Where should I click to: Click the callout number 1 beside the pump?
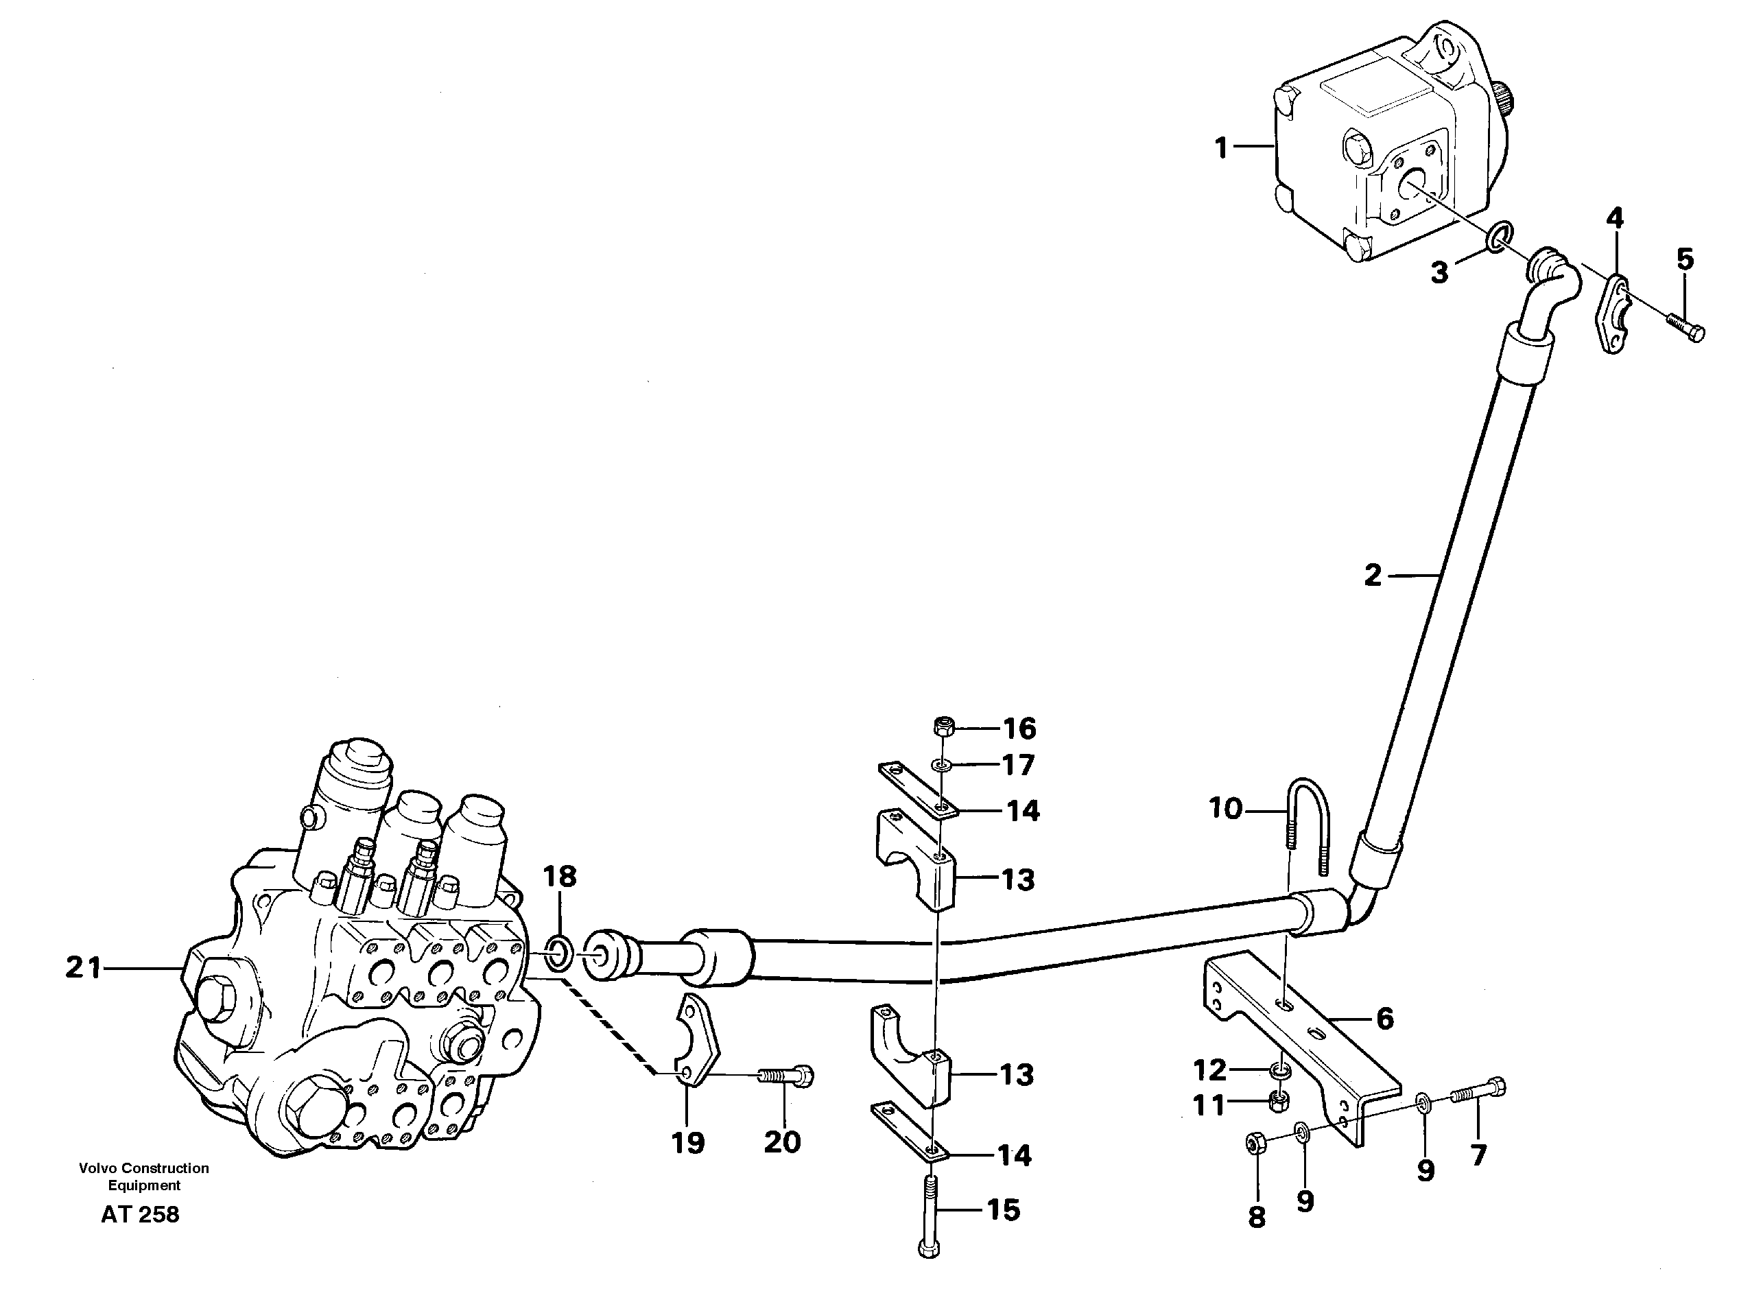[x=1222, y=147]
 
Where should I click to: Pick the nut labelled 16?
[x=942, y=726]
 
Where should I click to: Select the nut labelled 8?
[x=1255, y=1146]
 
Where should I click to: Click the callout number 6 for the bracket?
[x=1384, y=1018]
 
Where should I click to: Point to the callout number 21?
[x=84, y=969]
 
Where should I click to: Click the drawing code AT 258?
[x=141, y=1215]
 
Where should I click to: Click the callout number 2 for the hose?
[x=1372, y=576]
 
